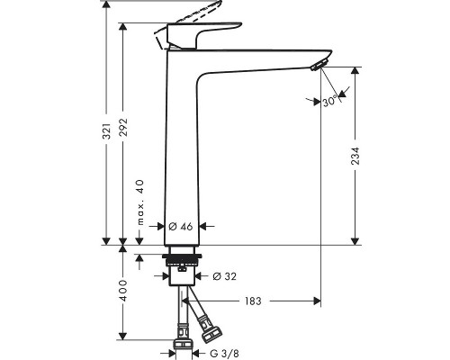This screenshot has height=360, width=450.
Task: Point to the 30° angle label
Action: click(x=332, y=102)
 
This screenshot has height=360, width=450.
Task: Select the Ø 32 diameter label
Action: click(x=224, y=275)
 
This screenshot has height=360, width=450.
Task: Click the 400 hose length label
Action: click(x=123, y=291)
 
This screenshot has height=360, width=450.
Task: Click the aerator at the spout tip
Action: click(x=314, y=65)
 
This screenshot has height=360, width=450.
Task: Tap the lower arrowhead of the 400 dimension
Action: click(x=123, y=337)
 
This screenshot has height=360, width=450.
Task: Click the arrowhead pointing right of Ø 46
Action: click(x=202, y=226)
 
